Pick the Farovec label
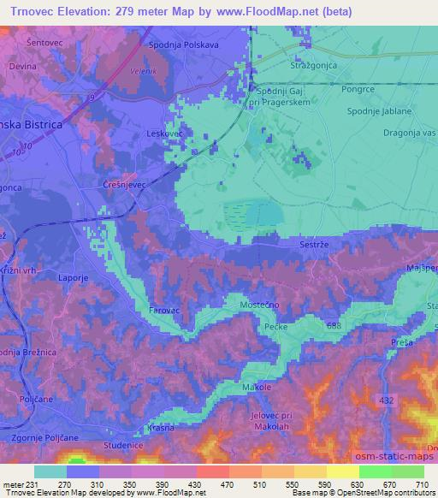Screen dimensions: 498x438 coord(164,310)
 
